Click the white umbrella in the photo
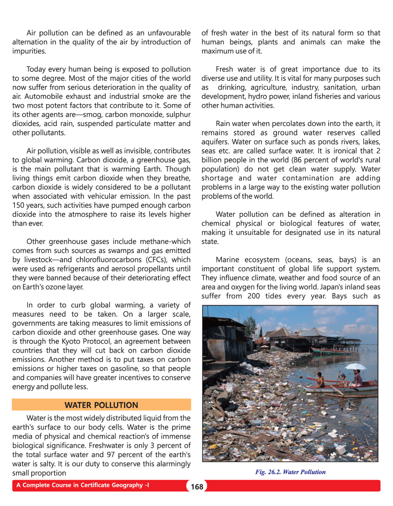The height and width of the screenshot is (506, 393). [355, 367]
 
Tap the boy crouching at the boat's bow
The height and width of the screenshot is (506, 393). [319, 380]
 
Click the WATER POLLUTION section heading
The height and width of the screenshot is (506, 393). [101, 405]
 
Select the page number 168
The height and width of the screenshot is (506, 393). [197, 487]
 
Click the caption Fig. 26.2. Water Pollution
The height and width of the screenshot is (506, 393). [290, 472]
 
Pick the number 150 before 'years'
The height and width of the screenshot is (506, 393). [18, 205]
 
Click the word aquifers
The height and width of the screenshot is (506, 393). [215, 142]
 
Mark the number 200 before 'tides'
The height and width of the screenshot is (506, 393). [253, 296]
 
